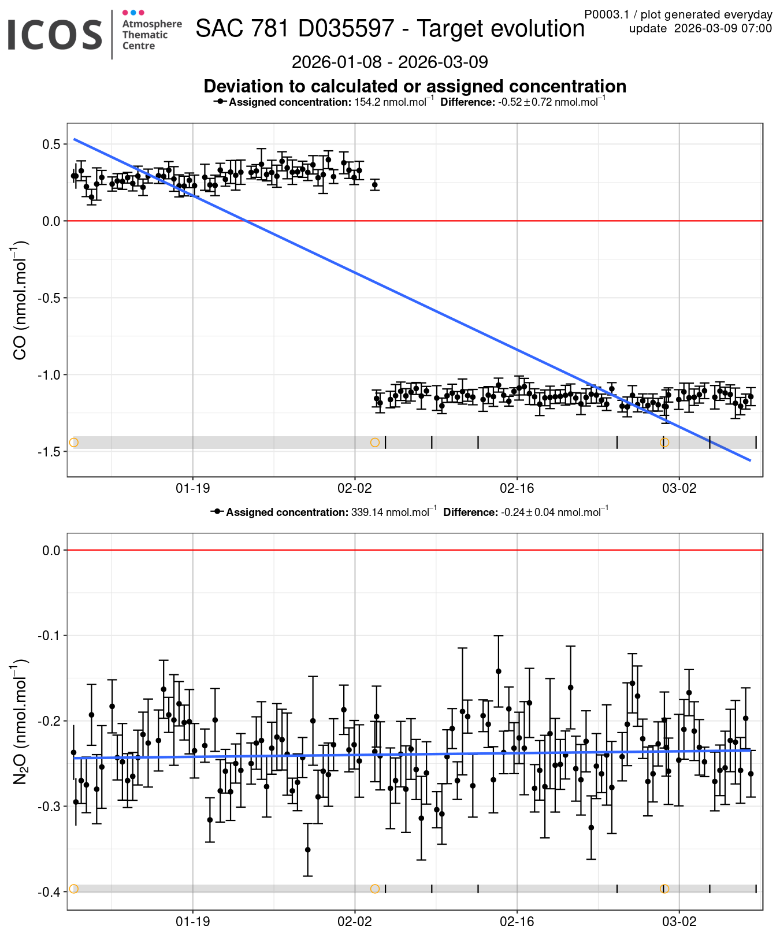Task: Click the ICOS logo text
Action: [55, 35]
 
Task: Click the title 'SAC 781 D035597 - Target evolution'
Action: [390, 28]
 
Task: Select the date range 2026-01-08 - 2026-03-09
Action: [390, 62]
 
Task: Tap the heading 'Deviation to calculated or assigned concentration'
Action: [415, 86]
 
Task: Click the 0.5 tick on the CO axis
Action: [51, 144]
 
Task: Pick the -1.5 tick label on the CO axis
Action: [50, 451]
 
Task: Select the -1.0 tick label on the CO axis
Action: [50, 374]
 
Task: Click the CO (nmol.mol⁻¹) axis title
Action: [20, 300]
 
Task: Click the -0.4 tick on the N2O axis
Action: [50, 892]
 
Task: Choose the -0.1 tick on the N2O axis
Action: [50, 636]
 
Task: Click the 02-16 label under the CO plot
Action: [517, 488]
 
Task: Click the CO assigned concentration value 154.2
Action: [366, 102]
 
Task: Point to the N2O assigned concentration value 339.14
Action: [367, 512]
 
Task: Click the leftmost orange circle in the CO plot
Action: [73, 443]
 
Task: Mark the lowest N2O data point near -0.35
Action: [307, 849]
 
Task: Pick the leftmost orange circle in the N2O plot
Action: [73, 889]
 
